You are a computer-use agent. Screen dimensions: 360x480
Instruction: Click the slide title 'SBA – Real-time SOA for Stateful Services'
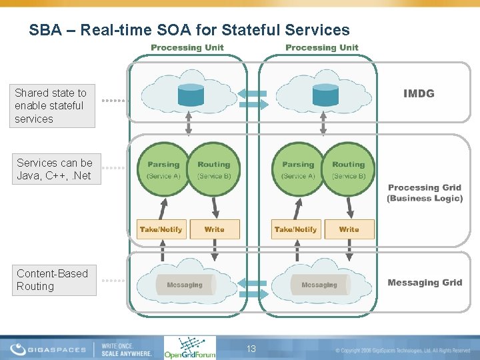point(189,30)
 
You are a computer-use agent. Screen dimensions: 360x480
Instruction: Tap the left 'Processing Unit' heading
point(187,47)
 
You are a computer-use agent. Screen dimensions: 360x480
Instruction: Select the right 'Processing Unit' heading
point(322,47)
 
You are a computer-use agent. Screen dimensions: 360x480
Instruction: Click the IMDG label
point(419,93)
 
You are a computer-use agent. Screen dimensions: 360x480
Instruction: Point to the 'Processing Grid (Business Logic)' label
point(425,193)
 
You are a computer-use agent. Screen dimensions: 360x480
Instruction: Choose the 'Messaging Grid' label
point(425,283)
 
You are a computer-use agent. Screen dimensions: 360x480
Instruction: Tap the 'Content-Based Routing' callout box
point(53,280)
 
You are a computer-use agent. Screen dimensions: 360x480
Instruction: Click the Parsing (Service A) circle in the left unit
point(163,170)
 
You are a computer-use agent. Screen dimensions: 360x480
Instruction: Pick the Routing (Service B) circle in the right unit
point(348,170)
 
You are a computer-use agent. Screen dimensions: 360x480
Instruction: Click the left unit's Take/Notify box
point(161,229)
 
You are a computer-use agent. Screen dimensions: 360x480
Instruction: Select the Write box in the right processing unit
point(349,229)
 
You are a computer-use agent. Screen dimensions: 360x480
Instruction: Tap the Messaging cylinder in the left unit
point(185,285)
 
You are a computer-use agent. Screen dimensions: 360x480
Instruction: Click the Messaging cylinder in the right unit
point(319,285)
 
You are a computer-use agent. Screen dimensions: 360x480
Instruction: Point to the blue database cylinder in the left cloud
point(191,95)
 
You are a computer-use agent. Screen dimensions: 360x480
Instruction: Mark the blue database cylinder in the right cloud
point(325,95)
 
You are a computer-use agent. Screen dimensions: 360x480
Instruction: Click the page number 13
point(251,349)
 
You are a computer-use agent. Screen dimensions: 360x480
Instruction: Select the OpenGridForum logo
point(189,347)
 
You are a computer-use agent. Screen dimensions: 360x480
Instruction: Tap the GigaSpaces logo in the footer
point(50,349)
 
